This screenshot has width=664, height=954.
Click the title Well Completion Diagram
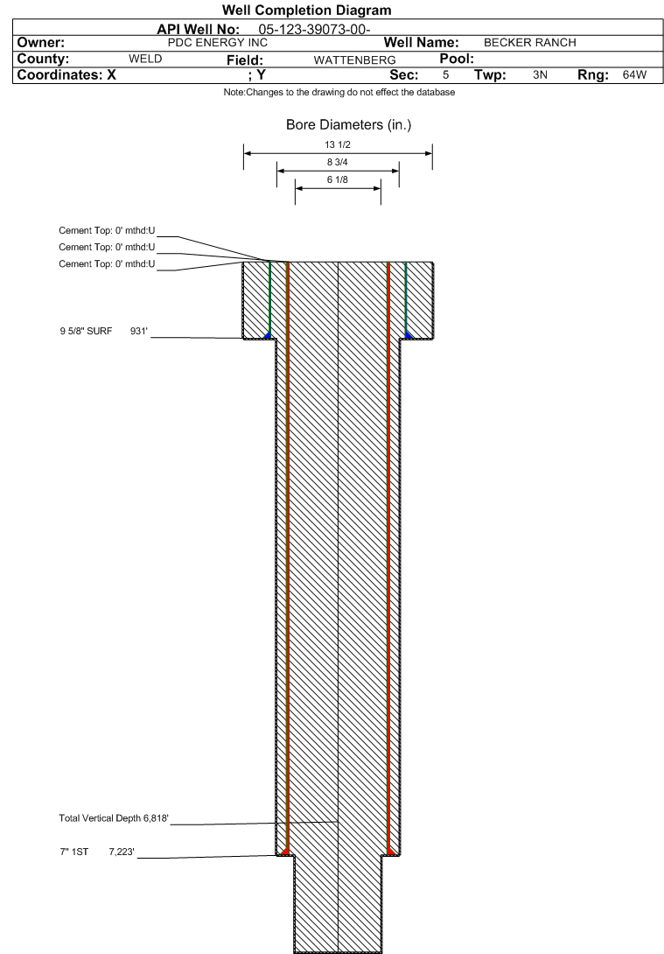(x=306, y=11)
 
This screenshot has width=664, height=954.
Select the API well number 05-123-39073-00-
(x=314, y=29)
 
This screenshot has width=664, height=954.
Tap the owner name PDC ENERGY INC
(x=218, y=43)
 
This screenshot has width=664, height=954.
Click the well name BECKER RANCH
(x=529, y=43)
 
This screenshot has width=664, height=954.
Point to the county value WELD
(x=145, y=59)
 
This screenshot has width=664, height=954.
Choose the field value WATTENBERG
(x=354, y=60)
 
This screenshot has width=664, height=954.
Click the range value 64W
(x=634, y=75)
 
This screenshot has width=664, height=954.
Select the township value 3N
(x=540, y=75)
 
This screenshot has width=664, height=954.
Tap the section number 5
(x=445, y=75)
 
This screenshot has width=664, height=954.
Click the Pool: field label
(x=457, y=59)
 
